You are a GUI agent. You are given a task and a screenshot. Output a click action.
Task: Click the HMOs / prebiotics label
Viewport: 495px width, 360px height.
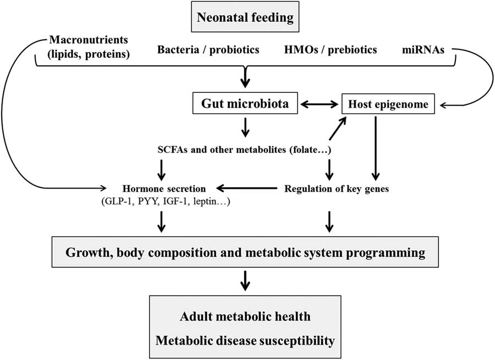coord(338,50)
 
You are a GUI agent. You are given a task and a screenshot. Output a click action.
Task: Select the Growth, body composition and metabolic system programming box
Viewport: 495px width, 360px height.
coord(245,253)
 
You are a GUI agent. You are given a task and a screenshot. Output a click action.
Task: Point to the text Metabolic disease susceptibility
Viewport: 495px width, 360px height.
coord(245,341)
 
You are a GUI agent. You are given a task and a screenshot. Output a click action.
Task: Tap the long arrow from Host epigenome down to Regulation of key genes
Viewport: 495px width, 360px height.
coord(376,148)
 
